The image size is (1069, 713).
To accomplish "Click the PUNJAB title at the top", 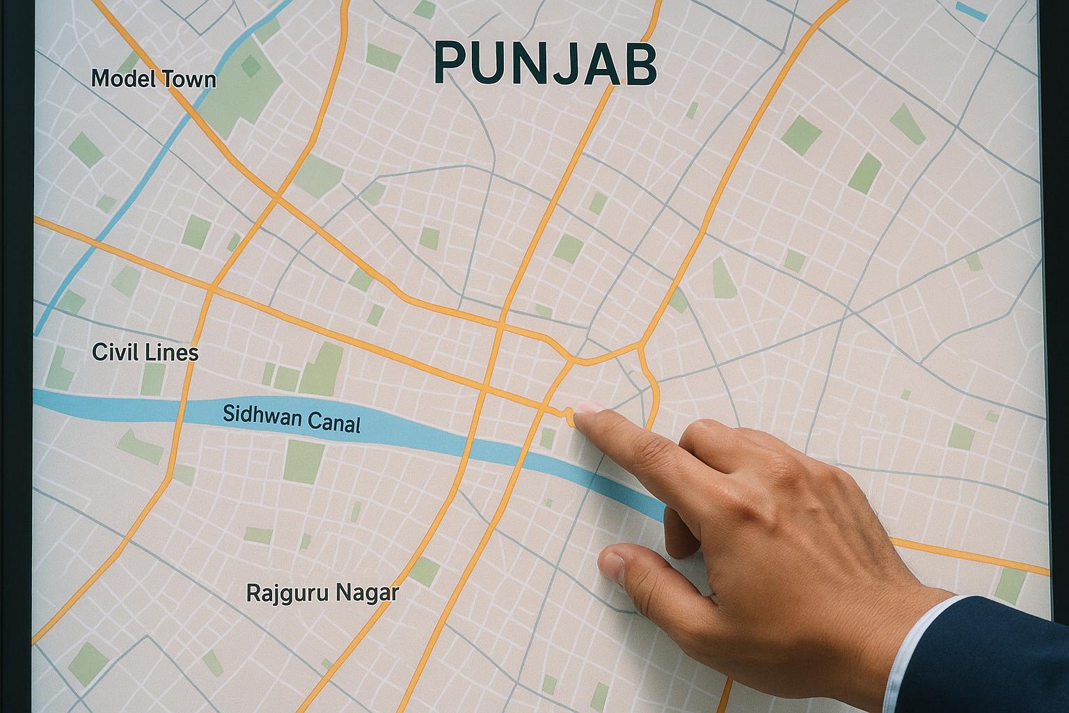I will click(545, 64).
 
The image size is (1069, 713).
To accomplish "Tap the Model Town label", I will click(153, 79).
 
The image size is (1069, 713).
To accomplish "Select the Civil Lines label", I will click(145, 352).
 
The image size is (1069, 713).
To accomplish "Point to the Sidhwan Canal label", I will click(292, 419).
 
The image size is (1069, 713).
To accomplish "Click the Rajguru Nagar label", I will click(322, 593).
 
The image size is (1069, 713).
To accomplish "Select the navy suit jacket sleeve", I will click(1002, 648).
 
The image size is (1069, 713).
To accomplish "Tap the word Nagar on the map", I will click(367, 593).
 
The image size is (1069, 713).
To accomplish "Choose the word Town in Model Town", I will click(189, 79).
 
